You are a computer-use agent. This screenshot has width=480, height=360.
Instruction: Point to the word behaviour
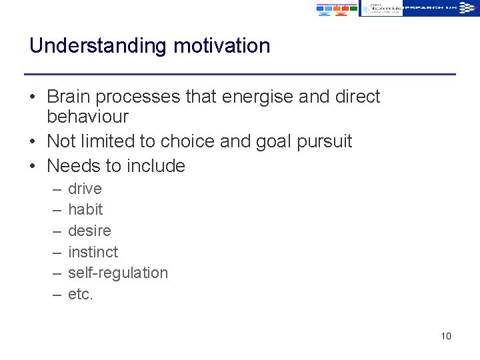point(87,117)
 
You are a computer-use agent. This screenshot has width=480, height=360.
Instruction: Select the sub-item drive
point(85,189)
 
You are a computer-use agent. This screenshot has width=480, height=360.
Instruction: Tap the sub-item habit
point(85,209)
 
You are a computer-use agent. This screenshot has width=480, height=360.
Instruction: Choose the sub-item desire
point(89,231)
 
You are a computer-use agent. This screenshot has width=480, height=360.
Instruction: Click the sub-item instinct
point(93,252)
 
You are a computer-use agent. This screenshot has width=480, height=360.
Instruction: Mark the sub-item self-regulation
point(118,273)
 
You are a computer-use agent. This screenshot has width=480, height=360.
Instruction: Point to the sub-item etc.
point(81,294)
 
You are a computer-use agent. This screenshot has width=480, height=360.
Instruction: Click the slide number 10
point(446,336)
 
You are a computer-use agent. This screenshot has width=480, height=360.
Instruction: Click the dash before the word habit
point(54,210)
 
